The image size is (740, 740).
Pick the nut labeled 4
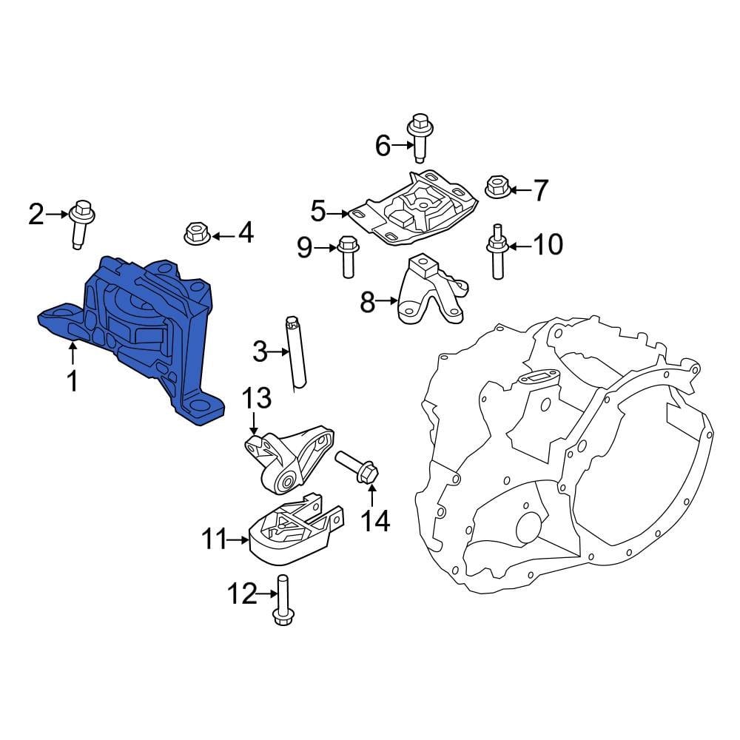(x=194, y=234)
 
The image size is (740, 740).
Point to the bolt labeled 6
(x=420, y=136)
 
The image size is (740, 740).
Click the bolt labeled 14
(x=359, y=469)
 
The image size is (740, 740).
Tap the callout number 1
(x=72, y=382)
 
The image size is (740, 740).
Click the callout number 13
(x=257, y=400)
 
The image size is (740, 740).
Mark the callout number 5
(x=318, y=213)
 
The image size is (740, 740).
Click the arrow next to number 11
(x=238, y=541)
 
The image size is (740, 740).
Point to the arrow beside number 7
(x=519, y=191)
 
